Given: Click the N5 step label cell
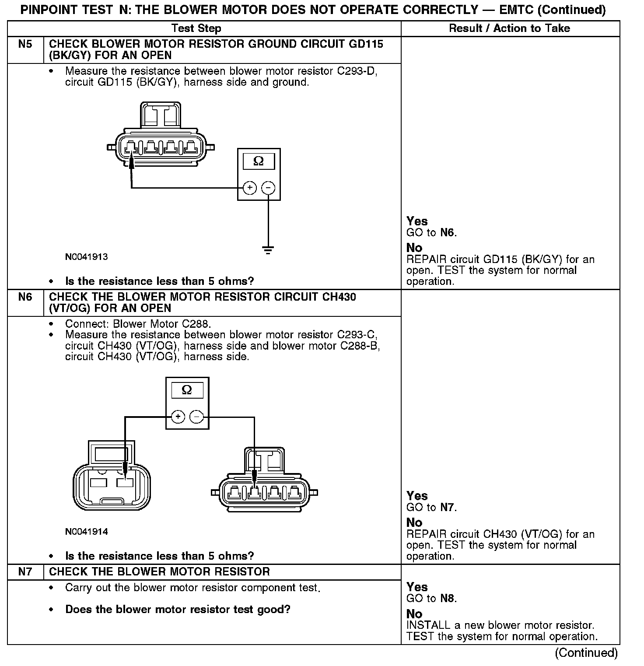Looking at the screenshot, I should [x=25, y=44].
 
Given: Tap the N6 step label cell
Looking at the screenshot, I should [x=25, y=297].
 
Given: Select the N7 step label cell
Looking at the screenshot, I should [x=25, y=572].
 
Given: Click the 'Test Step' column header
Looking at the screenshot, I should [x=196, y=28].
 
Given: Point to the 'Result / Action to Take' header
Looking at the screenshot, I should [x=509, y=28].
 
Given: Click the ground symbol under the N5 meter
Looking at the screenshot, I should [x=268, y=250].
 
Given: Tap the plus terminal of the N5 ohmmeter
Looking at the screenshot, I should [x=249, y=188].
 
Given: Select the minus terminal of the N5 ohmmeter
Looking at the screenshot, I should [x=268, y=188].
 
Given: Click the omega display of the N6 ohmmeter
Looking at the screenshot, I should [x=187, y=390].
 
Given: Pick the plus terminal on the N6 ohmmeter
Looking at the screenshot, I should [x=178, y=417].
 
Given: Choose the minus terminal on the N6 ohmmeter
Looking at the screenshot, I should [x=197, y=417].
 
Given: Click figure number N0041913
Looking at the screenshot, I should [x=86, y=257].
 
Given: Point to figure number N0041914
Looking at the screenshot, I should [x=86, y=532].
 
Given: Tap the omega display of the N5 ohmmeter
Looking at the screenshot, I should [x=259, y=161].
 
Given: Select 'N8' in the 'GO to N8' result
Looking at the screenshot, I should [x=447, y=599].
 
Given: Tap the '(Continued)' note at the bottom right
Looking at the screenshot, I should [x=586, y=653].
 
